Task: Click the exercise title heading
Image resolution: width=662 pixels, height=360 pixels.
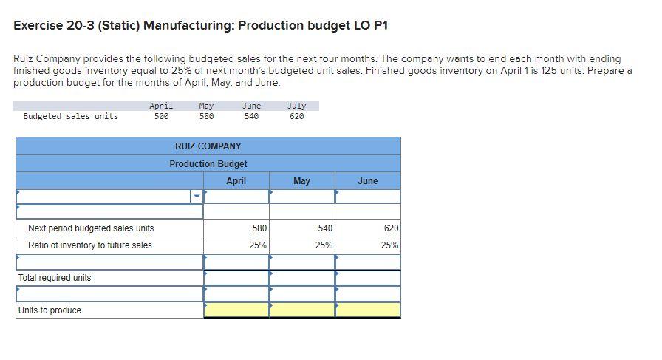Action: (200, 26)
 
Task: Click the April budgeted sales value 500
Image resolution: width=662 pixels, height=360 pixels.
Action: (161, 116)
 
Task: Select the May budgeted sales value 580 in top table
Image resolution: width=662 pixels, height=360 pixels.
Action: (206, 116)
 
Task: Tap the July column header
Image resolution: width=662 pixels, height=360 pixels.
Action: (296, 106)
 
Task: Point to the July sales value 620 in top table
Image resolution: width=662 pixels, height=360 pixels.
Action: (296, 116)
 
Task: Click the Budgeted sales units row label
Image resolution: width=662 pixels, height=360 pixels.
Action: (71, 116)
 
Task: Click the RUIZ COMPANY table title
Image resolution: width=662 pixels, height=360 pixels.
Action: (208, 146)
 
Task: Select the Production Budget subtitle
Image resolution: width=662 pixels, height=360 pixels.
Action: (208, 163)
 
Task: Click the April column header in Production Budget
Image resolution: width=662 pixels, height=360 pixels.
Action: (236, 181)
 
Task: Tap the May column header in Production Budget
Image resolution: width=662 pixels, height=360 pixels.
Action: (301, 181)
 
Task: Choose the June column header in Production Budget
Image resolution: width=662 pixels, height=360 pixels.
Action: (367, 181)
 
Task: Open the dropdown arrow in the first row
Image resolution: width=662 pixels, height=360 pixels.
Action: (197, 197)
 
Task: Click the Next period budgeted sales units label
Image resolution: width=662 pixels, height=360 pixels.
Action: (91, 228)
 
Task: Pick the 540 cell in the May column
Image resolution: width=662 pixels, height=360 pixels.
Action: (324, 228)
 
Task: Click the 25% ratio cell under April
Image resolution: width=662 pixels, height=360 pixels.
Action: (257, 245)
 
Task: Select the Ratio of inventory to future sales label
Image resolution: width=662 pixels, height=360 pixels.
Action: (90, 245)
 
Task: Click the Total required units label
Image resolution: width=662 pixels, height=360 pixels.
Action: (55, 278)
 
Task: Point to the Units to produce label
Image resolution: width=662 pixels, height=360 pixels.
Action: (50, 310)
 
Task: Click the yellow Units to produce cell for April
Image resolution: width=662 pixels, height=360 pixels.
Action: (236, 310)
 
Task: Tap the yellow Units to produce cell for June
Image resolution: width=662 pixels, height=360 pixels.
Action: (368, 310)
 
